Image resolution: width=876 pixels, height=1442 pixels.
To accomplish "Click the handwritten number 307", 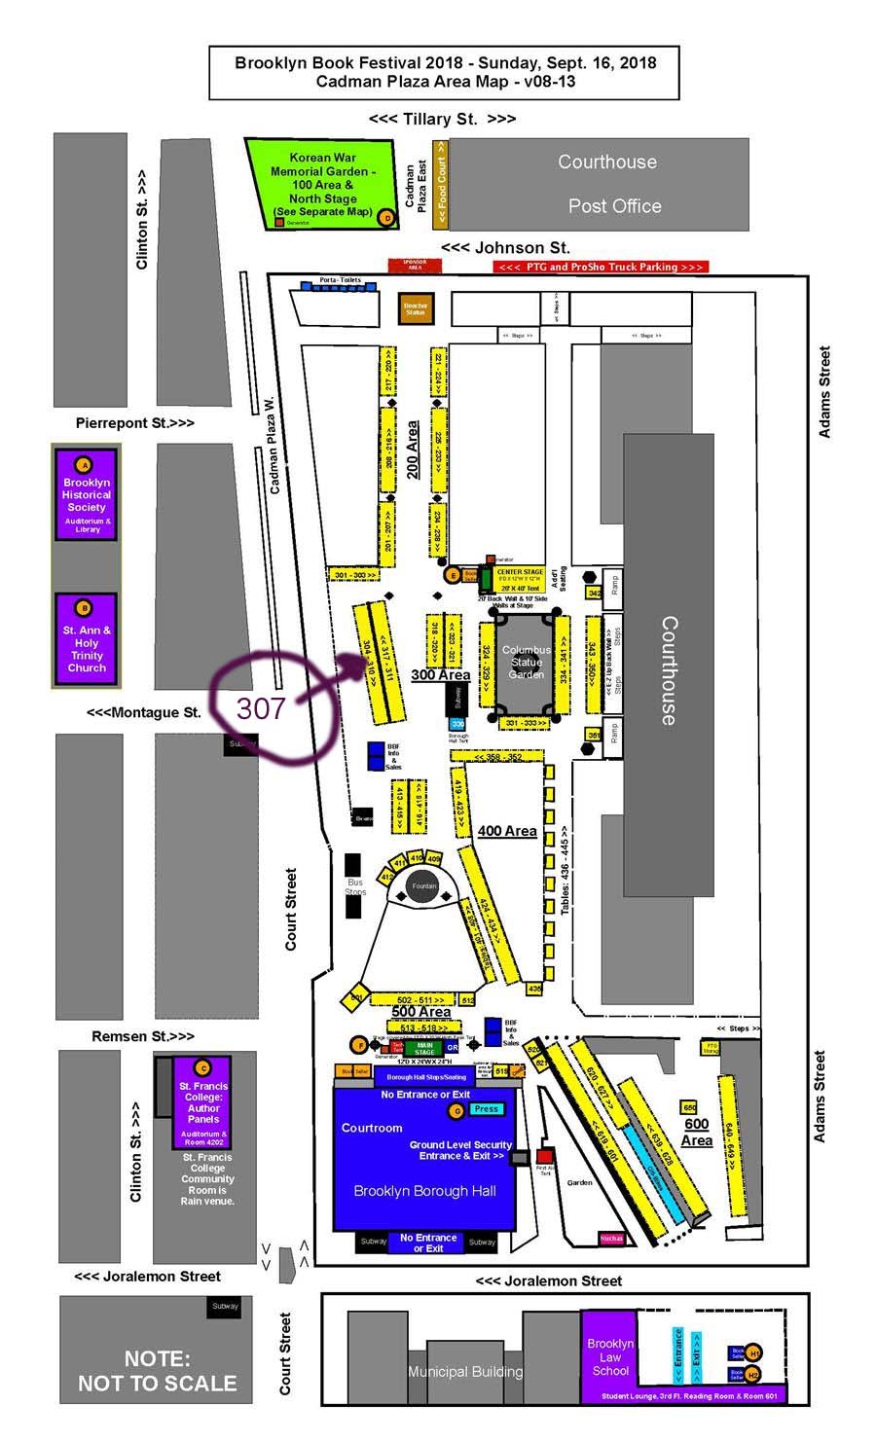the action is [x=261, y=707].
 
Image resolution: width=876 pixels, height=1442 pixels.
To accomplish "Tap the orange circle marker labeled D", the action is [x=386, y=218].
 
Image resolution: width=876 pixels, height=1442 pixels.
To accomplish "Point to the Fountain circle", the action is [x=423, y=886].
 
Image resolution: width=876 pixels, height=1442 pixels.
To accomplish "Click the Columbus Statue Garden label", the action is [x=527, y=662].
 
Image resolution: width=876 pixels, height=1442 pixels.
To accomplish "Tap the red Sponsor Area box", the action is [x=415, y=265].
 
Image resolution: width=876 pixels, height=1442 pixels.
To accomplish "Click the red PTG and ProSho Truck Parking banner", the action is [x=601, y=267].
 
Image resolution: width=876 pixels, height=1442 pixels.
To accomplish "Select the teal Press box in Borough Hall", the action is [x=487, y=1108].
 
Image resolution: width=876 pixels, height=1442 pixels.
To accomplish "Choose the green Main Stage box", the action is [x=424, y=1049].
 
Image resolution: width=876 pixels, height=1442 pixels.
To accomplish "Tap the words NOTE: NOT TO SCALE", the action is [x=157, y=1371].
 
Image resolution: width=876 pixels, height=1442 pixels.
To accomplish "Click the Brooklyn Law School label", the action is [x=610, y=1356].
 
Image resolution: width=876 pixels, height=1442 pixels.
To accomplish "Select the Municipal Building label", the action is [x=464, y=1372].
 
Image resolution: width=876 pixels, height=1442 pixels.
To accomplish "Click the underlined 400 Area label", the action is [x=507, y=831].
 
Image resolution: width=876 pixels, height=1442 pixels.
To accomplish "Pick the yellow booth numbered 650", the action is [x=690, y=1108].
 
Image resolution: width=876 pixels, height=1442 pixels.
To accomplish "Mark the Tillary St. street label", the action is [x=442, y=119].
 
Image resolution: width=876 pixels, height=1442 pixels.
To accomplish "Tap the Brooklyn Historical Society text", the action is [x=87, y=494].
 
